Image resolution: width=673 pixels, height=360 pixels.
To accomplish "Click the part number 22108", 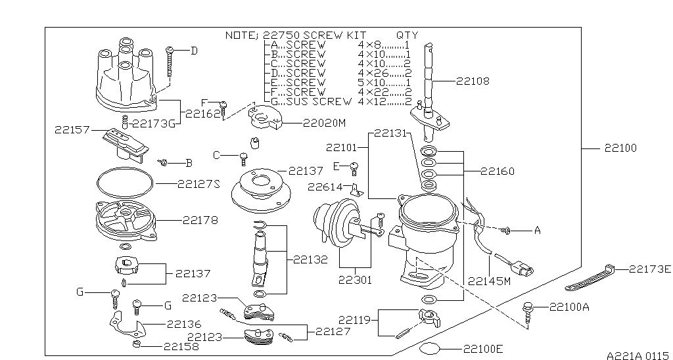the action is (x=473, y=81).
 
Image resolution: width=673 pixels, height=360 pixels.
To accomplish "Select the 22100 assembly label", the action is (x=620, y=148).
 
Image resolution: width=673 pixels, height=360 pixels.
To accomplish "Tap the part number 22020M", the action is (x=324, y=123).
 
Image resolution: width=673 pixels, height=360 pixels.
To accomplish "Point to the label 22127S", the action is (x=198, y=184).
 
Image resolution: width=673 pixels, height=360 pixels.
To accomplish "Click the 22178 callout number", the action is (x=200, y=220).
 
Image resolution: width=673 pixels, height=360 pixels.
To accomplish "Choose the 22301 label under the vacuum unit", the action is (x=355, y=281).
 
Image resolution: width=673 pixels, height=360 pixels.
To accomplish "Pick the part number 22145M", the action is (x=489, y=281).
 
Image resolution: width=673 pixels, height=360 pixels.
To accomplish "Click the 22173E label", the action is (x=650, y=269).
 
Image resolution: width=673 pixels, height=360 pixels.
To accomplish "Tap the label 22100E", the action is (x=483, y=349).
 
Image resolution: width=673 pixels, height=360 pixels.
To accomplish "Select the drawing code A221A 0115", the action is (x=638, y=355).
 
